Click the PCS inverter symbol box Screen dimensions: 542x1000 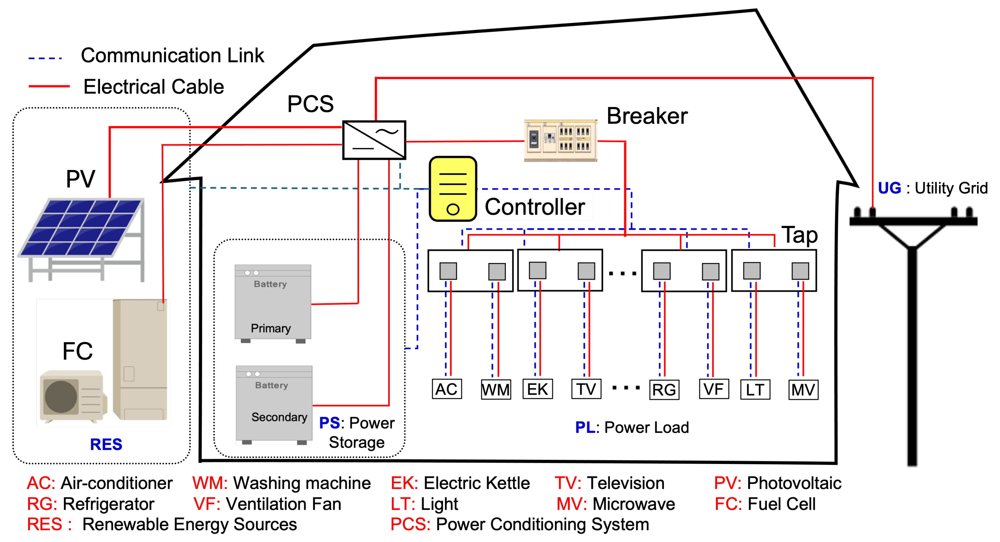click(374, 140)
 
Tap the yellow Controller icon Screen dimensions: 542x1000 click(453, 189)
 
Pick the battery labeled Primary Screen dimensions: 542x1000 click(273, 303)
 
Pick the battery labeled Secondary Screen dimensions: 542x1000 click(274, 404)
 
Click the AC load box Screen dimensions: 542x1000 click(446, 389)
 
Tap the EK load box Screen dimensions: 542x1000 click(537, 389)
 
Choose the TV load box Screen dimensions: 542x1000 click(586, 389)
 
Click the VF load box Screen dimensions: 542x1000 click(714, 389)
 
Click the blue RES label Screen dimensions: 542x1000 click(106, 444)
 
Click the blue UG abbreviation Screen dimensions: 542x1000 click(889, 188)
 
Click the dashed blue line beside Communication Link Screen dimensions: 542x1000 click(45, 58)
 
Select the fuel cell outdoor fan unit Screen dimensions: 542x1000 click(73, 396)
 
